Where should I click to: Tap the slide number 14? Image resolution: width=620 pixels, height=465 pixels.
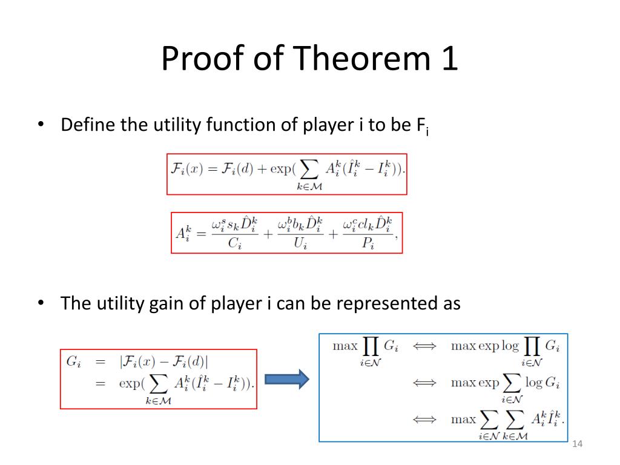(x=576, y=445)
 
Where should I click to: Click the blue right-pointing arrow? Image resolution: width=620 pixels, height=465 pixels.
(x=287, y=380)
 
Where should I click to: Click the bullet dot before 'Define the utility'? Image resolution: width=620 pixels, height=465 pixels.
(x=41, y=125)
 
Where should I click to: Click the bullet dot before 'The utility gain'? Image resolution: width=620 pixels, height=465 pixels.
(x=41, y=303)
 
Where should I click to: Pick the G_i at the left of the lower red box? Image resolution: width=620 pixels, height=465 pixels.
(x=74, y=362)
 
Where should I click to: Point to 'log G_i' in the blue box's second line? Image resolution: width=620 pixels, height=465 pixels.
(x=542, y=383)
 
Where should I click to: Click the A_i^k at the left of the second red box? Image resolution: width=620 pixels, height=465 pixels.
(x=184, y=232)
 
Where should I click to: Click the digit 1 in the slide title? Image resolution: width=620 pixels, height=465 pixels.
(x=448, y=59)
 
